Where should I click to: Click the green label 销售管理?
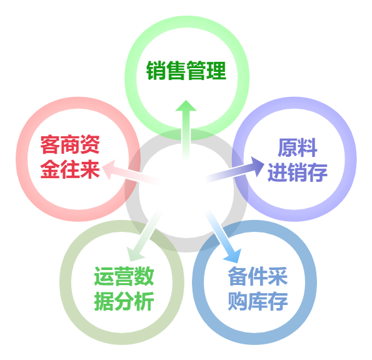tap(186, 71)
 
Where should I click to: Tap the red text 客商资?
tap(70, 144)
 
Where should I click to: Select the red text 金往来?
tap(70, 169)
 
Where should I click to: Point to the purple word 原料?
tap(298, 147)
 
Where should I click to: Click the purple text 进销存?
tap(298, 172)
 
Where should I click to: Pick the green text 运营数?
tap(124, 276)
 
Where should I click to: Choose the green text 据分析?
tap(124, 301)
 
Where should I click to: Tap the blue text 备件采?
tap(258, 276)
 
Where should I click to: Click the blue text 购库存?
tap(258, 301)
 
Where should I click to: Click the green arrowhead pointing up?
tap(186, 106)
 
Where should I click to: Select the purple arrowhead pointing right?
tap(258, 166)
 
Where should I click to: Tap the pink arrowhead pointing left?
tap(109, 169)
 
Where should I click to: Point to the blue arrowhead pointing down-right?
tap(233, 256)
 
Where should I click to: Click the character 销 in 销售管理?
tap(156, 71)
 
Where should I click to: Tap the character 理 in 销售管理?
tap(216, 71)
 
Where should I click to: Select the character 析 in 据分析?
tap(144, 301)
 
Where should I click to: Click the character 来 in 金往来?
tap(90, 169)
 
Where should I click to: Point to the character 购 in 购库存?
tap(238, 301)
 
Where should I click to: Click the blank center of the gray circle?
tap(186, 191)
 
